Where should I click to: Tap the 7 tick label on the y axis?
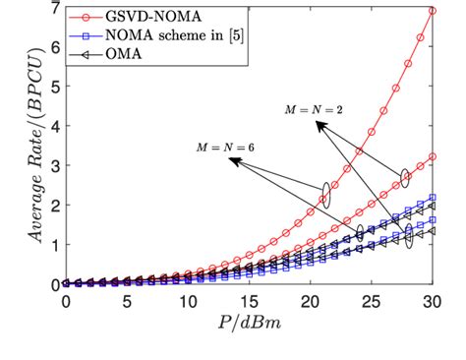click(52, 8)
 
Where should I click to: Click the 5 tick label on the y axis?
click(52, 87)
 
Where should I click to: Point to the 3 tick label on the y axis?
click(52, 165)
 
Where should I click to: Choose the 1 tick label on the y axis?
click(52, 244)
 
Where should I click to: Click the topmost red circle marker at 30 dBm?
click(432, 11)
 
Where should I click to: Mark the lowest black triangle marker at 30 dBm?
click(432, 231)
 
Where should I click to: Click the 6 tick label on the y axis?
click(52, 47)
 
